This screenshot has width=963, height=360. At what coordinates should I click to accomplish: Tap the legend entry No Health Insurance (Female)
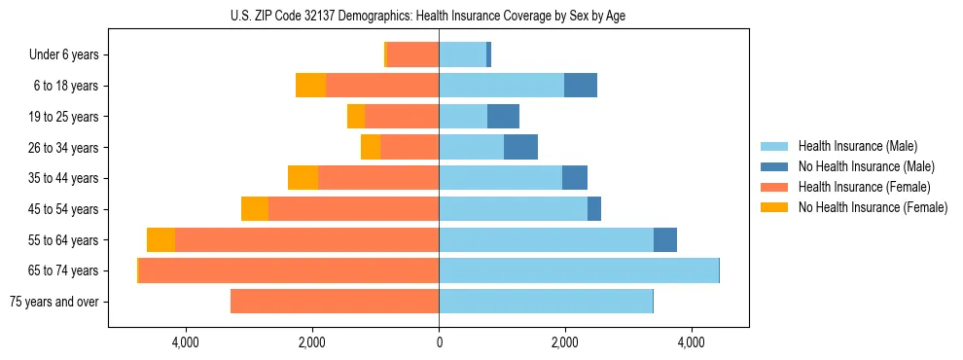point(873,207)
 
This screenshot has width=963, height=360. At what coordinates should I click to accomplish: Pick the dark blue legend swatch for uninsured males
point(775,166)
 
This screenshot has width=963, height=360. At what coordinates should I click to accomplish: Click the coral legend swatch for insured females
point(775,187)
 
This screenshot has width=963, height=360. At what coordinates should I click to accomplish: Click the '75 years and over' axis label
point(53,302)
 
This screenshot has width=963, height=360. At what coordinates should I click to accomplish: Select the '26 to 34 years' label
point(64,148)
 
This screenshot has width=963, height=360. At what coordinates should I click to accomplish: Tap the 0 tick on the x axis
point(439,342)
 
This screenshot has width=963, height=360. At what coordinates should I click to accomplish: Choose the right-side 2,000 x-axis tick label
point(565,342)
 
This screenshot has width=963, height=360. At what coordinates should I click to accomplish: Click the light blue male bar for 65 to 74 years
point(578,270)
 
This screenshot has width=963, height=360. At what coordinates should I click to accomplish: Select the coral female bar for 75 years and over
point(335,302)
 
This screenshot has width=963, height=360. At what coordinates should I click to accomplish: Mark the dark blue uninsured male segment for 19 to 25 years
point(503,117)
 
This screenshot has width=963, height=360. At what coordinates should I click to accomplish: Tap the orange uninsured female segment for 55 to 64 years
point(160,240)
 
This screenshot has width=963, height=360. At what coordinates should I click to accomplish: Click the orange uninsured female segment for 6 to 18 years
point(310,86)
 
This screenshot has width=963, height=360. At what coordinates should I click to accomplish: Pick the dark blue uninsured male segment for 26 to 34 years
point(520,148)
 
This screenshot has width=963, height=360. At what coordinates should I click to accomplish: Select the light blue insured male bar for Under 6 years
point(462,55)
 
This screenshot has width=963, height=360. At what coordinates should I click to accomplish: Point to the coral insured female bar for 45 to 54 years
point(353,209)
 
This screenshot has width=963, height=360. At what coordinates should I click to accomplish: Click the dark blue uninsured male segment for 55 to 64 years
point(665,240)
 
